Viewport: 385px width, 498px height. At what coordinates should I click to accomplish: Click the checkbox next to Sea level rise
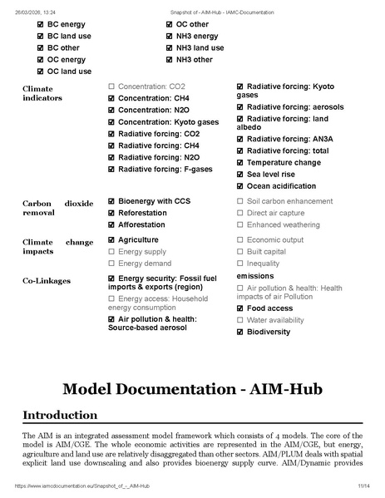coord(240,175)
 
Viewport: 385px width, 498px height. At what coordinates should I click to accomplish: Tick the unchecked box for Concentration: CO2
coord(111,86)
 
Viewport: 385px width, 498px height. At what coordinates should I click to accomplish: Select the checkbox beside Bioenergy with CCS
coord(111,201)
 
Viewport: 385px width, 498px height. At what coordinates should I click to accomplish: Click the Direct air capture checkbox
coord(240,213)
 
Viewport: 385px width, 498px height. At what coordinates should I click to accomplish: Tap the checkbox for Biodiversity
coord(240,332)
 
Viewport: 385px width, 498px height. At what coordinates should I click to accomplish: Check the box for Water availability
coord(240,320)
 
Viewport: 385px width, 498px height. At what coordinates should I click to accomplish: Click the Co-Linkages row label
coord(47,281)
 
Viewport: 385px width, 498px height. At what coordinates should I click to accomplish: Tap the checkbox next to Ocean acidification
coord(240,186)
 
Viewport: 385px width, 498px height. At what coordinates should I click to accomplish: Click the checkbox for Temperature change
coord(240,163)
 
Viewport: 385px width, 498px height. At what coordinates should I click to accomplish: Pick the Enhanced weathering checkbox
coord(240,224)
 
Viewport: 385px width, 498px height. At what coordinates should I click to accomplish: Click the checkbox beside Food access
coord(240,308)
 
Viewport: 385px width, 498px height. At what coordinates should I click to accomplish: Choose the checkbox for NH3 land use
coord(170,48)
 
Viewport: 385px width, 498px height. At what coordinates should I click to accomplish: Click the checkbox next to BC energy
coord(41,25)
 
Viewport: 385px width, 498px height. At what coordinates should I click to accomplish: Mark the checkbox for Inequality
coord(240,264)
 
